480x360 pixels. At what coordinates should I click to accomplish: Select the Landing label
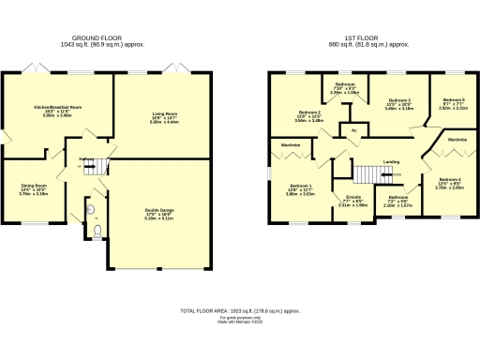391,161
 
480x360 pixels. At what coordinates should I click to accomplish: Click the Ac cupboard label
353,130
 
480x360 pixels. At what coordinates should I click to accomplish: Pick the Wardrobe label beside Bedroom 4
457,140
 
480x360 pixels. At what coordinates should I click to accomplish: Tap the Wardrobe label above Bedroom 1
291,145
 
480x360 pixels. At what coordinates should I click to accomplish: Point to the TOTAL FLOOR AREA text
240,309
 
